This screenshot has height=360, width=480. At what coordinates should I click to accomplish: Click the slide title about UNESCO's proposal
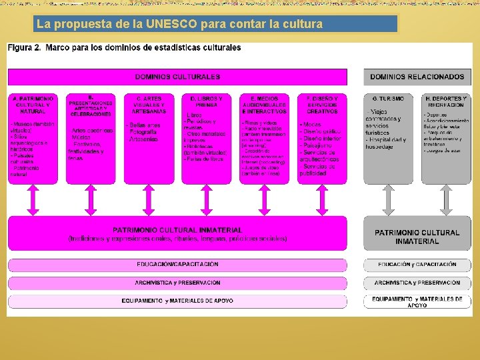coord(180,25)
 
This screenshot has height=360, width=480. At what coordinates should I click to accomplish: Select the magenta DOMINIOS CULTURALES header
coord(177,77)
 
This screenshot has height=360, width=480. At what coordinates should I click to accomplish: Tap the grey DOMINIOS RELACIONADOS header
coord(417,77)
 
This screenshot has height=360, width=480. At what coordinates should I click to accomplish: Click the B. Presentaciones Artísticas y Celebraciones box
coord(91,138)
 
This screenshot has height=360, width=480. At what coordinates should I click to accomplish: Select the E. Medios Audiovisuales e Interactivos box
coord(264,138)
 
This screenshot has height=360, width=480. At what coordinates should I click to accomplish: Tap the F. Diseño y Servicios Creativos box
coord(322,138)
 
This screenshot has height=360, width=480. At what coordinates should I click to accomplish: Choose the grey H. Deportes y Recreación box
coord(445,138)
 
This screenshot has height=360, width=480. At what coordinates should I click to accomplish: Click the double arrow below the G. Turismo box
coord(387,199)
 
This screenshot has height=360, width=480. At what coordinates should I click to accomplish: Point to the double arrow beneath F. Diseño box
coord(322,199)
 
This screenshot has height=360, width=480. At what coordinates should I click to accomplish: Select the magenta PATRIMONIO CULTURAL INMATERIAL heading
coord(177,230)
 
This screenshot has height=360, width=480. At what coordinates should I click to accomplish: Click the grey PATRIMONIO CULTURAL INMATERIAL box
coord(417,236)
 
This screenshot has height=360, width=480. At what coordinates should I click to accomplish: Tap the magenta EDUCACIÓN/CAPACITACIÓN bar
coord(177,265)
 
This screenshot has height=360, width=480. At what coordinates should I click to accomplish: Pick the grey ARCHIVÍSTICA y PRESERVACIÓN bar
coord(417,283)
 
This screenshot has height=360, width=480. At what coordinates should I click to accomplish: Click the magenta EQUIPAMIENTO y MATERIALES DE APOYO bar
coord(177,301)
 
